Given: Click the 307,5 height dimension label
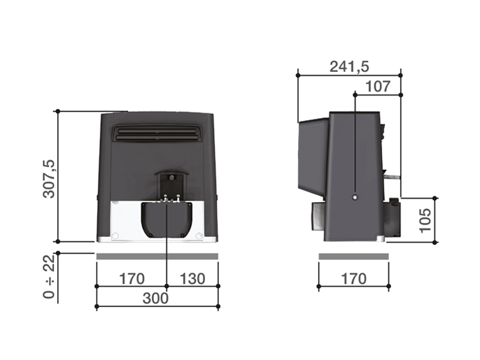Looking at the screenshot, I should tap(48, 178).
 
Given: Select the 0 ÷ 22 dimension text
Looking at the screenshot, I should tap(48, 277).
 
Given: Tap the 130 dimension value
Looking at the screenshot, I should tap(192, 279).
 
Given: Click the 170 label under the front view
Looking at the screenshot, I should tap(131, 279).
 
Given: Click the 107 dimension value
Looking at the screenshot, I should tap(377, 86).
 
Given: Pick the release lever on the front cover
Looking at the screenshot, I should tap(170, 185).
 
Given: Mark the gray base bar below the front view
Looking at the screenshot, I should tap(157, 257).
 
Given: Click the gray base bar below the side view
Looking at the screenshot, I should tap(353, 257).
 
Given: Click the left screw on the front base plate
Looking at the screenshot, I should tap(115, 234).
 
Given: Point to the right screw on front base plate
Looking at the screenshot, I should tap(199, 235).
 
